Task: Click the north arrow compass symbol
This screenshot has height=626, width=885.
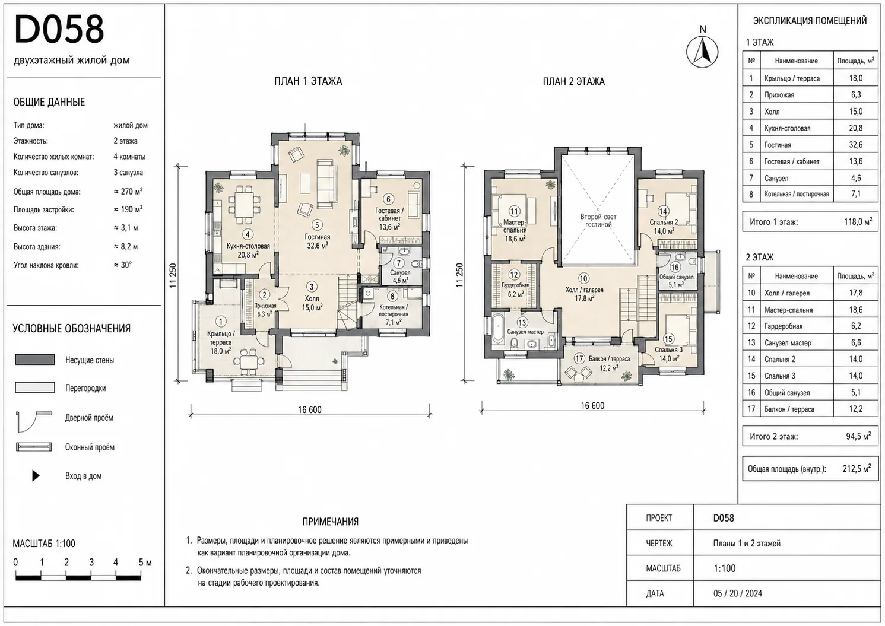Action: pos(702,52)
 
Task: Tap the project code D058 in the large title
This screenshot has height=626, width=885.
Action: pos(59,29)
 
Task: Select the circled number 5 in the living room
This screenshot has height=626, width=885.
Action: pos(317,225)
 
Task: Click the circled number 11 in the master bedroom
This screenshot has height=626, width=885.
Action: pos(514,212)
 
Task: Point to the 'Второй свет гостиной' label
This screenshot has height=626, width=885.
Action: pos(598,220)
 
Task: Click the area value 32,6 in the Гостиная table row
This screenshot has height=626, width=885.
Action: pos(856,145)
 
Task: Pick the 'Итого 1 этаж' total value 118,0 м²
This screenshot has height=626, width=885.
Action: pos(858,221)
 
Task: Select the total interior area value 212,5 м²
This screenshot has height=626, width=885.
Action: pos(857,468)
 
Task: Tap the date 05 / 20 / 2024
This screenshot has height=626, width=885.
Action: pos(738,593)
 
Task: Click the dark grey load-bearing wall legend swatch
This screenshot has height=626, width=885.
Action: pos(35,360)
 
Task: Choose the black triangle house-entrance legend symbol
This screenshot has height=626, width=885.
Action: pos(36,475)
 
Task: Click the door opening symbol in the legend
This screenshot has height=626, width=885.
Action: pos(34,420)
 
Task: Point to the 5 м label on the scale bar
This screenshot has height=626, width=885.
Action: pos(145,563)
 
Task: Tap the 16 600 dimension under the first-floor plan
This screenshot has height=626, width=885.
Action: pos(310,409)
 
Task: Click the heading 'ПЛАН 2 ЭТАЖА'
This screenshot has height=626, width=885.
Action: pos(573,81)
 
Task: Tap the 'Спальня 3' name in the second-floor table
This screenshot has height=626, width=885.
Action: pos(780,376)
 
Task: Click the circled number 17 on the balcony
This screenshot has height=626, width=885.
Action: pos(579,358)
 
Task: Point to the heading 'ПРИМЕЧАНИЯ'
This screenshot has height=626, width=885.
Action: pos(330,522)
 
